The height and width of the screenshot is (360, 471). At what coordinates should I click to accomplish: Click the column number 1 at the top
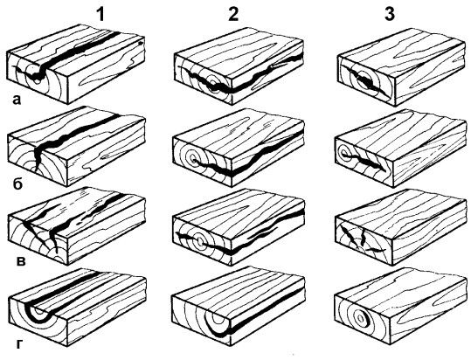(100, 13)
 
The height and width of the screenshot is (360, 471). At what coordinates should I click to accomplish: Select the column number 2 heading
(233, 13)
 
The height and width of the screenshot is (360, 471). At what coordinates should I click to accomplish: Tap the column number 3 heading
(390, 13)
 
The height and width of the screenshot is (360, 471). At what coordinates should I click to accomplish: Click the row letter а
(17, 100)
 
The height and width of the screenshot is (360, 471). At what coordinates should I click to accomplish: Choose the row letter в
(20, 261)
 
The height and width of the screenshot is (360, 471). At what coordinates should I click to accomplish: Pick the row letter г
(19, 344)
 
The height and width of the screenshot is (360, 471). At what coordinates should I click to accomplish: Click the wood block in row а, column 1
(76, 65)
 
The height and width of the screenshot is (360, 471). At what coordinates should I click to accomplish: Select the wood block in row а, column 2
(239, 66)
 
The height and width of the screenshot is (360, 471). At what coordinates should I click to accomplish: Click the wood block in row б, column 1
(77, 147)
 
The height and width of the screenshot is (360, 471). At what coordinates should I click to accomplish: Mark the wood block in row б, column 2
(239, 148)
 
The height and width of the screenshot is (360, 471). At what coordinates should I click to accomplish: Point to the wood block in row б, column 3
(401, 149)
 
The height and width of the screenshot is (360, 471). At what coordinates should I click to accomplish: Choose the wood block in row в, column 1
(77, 226)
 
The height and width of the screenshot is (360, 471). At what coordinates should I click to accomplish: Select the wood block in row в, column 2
(239, 227)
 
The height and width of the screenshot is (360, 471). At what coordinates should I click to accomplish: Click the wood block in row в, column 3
(401, 227)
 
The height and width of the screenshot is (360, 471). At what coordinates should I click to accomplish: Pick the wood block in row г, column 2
(239, 306)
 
